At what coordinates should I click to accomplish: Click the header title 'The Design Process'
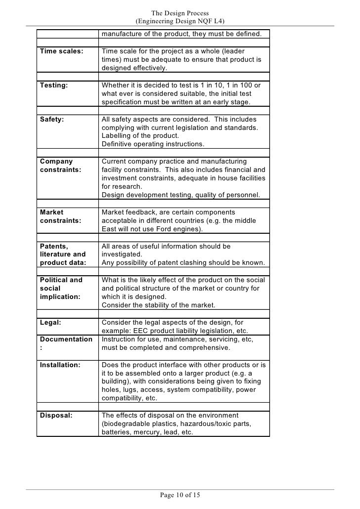tap(180, 13)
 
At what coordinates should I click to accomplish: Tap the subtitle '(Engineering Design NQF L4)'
tap(180, 21)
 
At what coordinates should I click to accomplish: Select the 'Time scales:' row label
tap(61, 51)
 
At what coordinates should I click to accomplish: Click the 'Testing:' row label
tap(53, 85)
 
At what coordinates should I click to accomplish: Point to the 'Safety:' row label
tap(51, 119)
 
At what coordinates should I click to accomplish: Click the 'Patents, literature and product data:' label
tap(63, 254)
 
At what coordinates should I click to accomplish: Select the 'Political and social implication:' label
tap(61, 288)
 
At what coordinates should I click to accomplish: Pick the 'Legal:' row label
tap(50, 322)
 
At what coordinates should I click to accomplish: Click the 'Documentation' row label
tap(66, 339)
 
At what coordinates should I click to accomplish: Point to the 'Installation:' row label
tap(59, 365)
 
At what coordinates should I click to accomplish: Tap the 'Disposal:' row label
tap(55, 415)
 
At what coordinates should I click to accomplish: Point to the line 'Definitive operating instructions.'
tap(152, 144)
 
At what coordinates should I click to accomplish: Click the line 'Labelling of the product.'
tap(140, 136)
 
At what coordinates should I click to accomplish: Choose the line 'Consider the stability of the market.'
tap(159, 305)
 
